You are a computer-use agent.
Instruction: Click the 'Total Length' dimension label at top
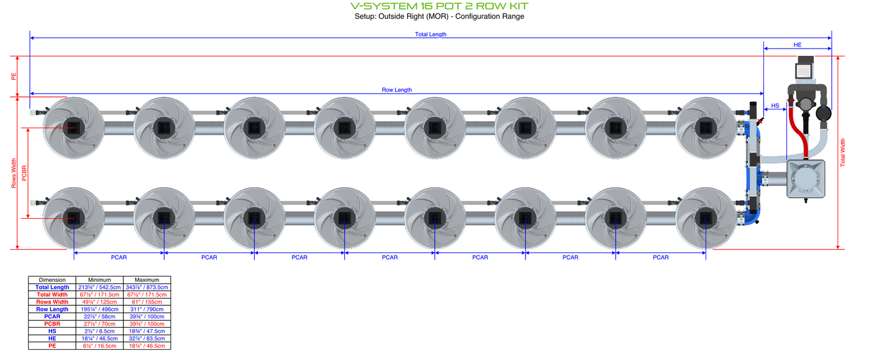click(x=431, y=34)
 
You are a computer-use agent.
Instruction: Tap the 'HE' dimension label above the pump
click(x=797, y=45)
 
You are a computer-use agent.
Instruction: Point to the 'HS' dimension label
click(x=775, y=106)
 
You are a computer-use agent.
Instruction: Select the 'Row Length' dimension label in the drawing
click(x=397, y=90)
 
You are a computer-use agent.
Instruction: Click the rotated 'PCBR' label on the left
click(x=24, y=173)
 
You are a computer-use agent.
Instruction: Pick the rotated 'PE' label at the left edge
click(x=14, y=77)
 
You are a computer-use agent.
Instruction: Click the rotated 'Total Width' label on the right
click(x=843, y=153)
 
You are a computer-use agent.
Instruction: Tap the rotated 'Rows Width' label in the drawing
click(x=14, y=173)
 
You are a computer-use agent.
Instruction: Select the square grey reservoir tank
click(x=806, y=179)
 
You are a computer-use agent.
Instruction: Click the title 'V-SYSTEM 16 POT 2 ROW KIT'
click(x=439, y=6)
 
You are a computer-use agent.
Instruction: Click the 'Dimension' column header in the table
click(x=52, y=280)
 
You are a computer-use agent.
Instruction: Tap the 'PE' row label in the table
click(x=52, y=345)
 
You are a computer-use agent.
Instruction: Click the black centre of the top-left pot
click(x=73, y=127)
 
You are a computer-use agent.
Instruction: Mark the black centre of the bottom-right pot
click(x=706, y=218)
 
